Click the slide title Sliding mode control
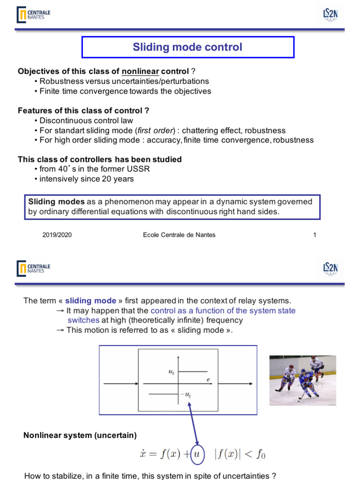pyautogui.click(x=187, y=47)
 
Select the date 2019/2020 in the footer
pyautogui.click(x=57, y=235)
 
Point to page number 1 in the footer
pyautogui.click(x=315, y=235)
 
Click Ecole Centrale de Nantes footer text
pyautogui.click(x=179, y=235)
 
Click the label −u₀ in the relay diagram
pyautogui.click(x=186, y=395)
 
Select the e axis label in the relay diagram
pyautogui.click(x=208, y=380)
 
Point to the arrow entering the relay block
pyautogui.click(x=120, y=384)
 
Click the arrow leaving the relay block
pyautogui.click(x=237, y=384)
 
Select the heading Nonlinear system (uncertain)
pyautogui.click(x=80, y=435)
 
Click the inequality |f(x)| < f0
pyautogui.click(x=240, y=454)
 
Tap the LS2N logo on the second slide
pyautogui.click(x=330, y=268)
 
